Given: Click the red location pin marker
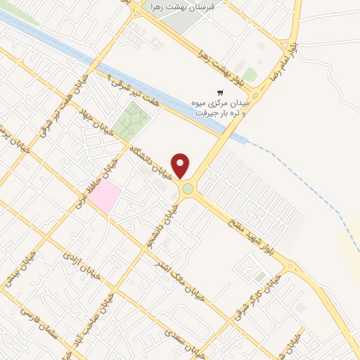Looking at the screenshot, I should [181, 165].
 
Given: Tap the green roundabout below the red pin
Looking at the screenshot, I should [187, 188].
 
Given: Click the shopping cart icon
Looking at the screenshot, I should [220, 92].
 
